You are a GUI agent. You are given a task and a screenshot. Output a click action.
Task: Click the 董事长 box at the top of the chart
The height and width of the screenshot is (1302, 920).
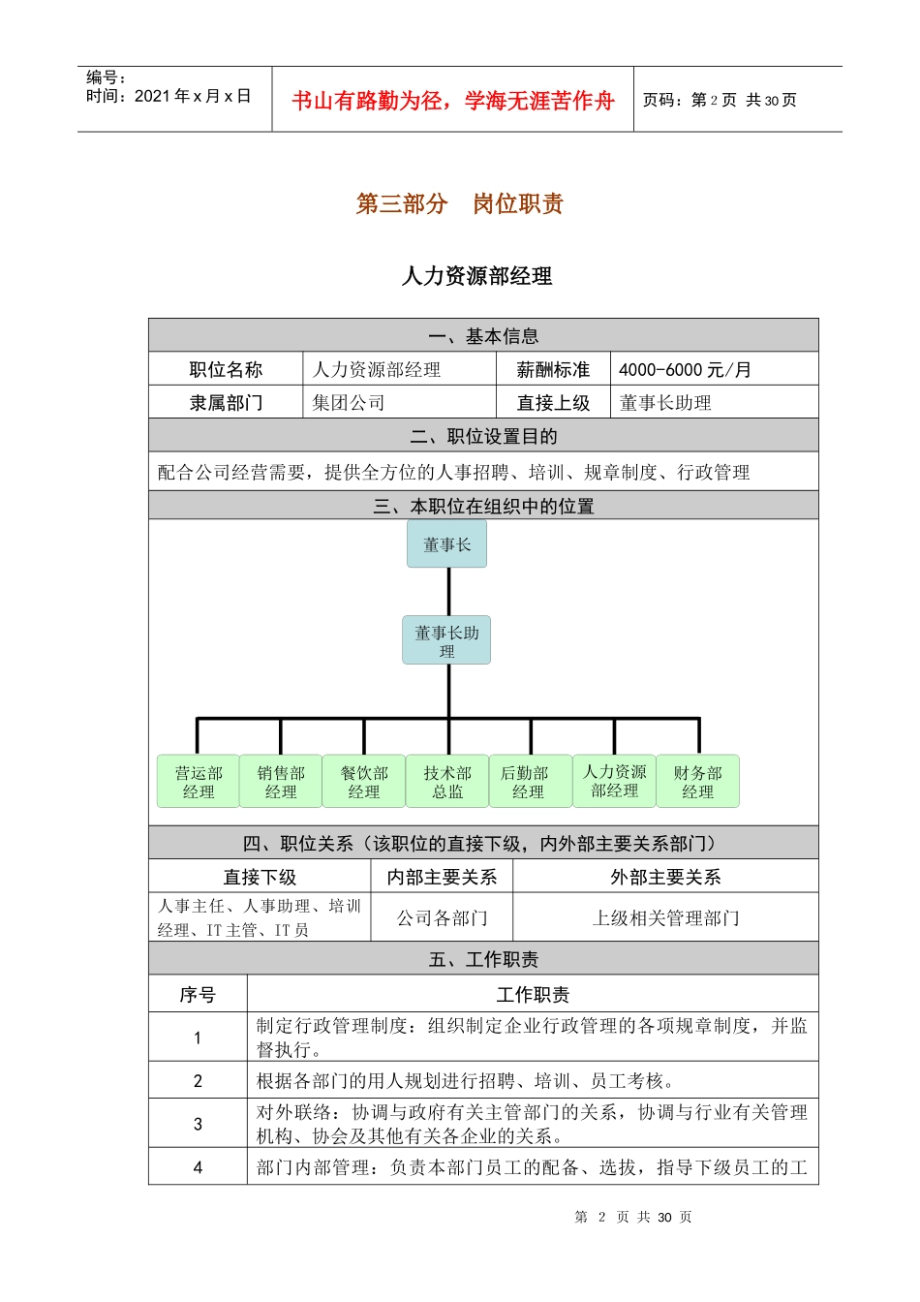point(446,544)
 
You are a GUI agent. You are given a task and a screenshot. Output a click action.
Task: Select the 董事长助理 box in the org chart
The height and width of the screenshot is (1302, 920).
point(446,640)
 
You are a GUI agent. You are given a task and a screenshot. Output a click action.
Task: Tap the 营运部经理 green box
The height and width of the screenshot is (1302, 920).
point(199,782)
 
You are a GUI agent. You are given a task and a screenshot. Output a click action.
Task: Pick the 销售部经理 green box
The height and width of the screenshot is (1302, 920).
point(281,782)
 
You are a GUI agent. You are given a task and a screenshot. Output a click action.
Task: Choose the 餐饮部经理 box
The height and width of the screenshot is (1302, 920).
point(364,782)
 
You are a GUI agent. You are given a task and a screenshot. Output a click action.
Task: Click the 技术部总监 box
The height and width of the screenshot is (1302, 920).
point(447,782)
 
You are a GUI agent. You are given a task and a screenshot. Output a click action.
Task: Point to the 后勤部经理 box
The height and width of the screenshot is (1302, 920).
point(529,782)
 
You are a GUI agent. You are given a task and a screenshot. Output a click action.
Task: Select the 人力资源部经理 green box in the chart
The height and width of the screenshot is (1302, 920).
point(615,781)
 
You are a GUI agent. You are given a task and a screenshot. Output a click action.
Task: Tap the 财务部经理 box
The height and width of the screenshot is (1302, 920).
point(697,782)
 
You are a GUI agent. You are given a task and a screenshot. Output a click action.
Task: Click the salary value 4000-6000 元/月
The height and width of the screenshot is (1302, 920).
point(685,370)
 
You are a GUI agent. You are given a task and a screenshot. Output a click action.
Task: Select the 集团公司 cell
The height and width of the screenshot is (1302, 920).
point(349,403)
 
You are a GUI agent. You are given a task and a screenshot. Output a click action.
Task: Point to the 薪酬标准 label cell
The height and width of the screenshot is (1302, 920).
point(553,370)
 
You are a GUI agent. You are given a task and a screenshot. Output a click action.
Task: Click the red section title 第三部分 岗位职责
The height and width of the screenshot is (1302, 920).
point(460,204)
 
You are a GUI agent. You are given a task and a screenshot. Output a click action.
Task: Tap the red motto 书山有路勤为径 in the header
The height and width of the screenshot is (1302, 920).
point(453,101)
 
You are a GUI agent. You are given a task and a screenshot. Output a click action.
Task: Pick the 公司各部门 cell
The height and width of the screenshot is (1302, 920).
point(443,917)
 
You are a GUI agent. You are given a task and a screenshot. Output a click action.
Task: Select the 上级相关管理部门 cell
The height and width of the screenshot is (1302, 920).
point(665,917)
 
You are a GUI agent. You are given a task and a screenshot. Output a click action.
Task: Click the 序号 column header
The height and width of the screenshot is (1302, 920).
point(198,995)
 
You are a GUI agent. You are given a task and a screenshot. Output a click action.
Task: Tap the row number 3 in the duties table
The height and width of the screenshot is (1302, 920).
point(198,1124)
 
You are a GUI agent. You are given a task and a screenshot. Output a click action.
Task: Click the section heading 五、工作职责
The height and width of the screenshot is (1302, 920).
point(483,959)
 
